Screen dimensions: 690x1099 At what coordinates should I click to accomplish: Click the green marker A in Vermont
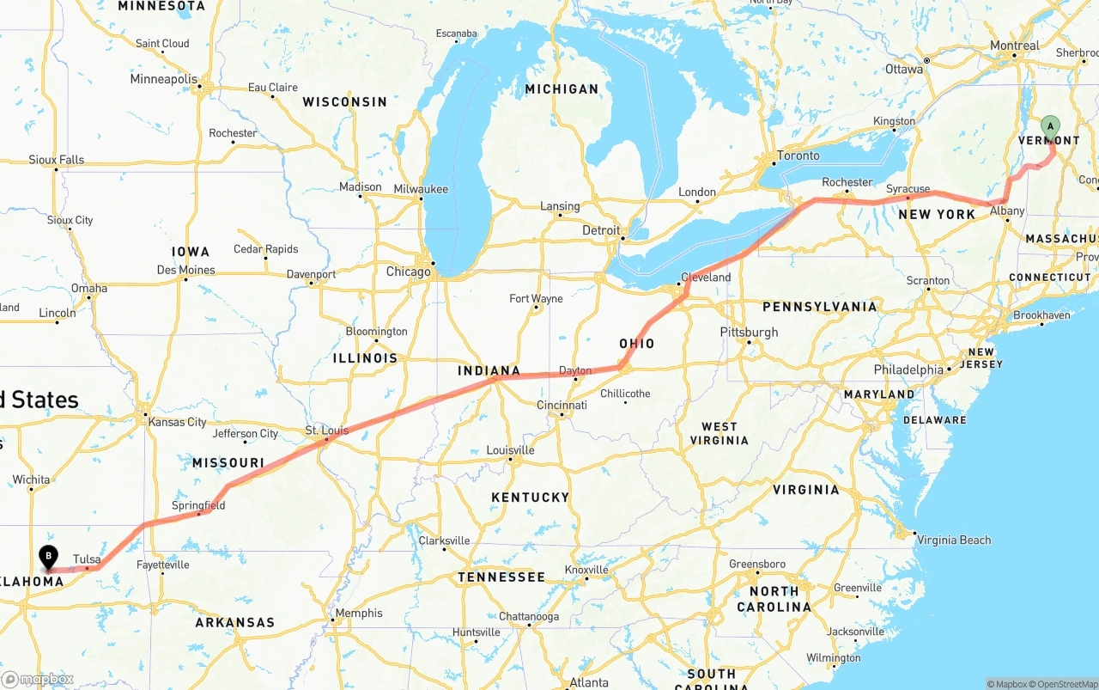(1050, 129)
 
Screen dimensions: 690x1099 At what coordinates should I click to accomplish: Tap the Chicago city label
(409, 272)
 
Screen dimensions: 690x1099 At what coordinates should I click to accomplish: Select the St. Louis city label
(327, 430)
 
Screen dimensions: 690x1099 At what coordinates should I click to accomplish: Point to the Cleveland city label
(706, 278)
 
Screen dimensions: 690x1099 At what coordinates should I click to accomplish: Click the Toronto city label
(798, 156)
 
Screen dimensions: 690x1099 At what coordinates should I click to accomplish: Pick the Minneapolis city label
(164, 79)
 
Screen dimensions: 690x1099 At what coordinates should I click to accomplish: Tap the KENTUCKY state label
(531, 498)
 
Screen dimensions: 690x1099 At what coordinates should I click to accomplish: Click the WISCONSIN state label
(345, 102)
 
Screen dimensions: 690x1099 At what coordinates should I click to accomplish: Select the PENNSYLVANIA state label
(820, 307)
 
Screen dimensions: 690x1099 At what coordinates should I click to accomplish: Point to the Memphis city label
(360, 614)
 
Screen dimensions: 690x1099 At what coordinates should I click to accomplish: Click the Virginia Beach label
(954, 540)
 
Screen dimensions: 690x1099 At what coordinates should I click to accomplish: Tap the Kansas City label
(178, 422)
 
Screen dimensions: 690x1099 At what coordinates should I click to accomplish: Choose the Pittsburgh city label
(749, 333)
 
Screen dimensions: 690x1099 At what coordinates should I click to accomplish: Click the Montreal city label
(1014, 46)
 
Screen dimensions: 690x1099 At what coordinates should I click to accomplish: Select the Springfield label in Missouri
(198, 505)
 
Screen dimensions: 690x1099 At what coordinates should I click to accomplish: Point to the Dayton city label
(575, 371)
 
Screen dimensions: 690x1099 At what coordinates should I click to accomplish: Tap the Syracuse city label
(908, 189)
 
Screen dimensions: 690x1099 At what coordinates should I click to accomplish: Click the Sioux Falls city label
(57, 160)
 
